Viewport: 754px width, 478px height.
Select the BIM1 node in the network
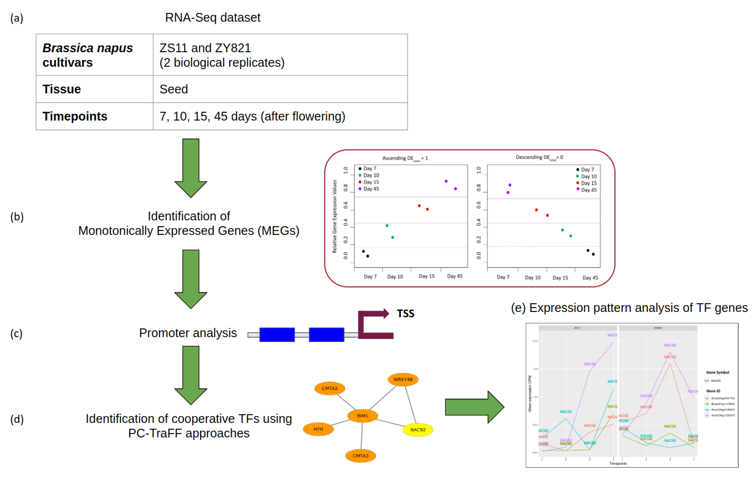coord(362,416)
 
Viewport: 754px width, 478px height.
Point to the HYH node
coord(318,429)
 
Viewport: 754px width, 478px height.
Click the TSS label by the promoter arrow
coord(405,313)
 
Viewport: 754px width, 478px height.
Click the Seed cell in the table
coord(174,89)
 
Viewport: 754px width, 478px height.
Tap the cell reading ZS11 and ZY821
coord(205,48)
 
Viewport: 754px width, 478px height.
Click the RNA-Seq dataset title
coord(213,18)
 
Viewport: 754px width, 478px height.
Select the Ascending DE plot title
coord(405,158)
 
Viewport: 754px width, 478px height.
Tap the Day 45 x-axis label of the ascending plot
coord(455,276)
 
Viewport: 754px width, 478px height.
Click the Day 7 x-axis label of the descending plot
coord(503,277)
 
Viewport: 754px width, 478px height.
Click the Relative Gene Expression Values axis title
coord(334,216)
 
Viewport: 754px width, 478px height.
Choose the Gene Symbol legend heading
coord(717,372)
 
